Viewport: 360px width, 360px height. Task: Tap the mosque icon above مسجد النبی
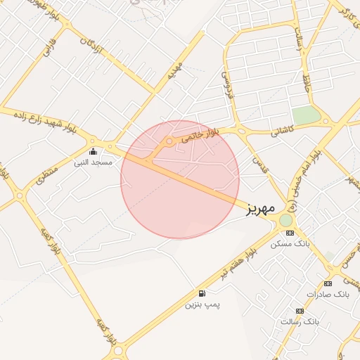point(94,151)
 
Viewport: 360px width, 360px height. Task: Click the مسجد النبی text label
point(93,162)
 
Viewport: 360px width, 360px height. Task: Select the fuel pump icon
point(202,293)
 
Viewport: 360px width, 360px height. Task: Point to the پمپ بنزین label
point(202,304)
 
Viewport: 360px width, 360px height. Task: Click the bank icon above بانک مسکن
point(290,233)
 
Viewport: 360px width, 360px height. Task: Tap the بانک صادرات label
point(327,293)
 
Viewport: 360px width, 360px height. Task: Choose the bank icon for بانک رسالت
point(300,310)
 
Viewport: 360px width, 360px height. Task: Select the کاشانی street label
point(285,130)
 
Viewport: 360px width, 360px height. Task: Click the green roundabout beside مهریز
point(285,220)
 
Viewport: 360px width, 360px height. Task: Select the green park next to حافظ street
point(306,115)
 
